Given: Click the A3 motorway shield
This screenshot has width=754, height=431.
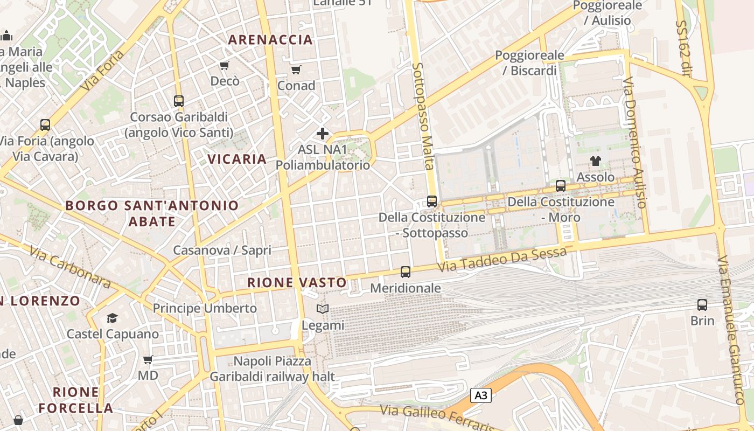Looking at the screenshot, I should click(481, 395).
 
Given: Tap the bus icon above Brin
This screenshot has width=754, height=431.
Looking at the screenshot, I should click(702, 304).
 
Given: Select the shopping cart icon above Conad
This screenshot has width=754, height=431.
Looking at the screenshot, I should click(296, 69).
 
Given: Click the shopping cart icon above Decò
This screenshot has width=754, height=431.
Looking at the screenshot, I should click(224, 66).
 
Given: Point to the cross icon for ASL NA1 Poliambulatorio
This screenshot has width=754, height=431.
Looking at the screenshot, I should click(323, 133).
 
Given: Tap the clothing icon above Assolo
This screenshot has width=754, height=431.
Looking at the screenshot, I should click(595, 161).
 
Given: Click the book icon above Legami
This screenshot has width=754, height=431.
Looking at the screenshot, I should click(323, 309).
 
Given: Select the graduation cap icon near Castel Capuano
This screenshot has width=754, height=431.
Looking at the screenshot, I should click(112, 318).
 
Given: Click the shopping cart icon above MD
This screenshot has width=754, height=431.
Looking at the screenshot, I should click(148, 359).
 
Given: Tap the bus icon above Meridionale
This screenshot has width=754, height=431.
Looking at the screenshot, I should click(406, 272).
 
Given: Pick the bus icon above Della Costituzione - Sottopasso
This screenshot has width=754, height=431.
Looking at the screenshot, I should click(432, 201).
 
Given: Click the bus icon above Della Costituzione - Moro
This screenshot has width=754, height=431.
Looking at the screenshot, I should click(561, 186).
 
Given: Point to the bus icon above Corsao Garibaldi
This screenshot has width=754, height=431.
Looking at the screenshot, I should click(179, 101).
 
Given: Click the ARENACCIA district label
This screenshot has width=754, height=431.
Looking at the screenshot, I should click(270, 39).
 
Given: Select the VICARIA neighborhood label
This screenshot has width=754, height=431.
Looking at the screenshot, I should click(238, 159).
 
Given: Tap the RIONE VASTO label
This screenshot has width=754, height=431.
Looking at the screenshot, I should click(297, 282).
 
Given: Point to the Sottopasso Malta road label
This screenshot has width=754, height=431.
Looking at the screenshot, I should click(423, 116).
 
